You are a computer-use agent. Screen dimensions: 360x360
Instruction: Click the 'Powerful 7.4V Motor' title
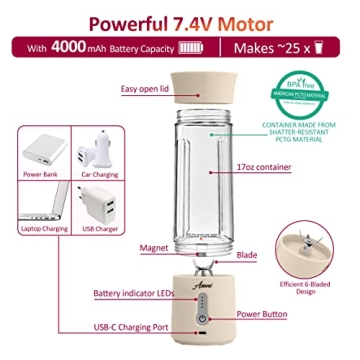pos(181,21)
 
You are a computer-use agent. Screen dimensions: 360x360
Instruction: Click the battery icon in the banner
pos(189,48)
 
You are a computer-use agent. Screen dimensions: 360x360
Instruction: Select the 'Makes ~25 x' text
pos(265,48)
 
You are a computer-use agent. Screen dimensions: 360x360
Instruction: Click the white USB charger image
pos(98,205)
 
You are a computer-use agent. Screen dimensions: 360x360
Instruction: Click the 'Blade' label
pos(247,256)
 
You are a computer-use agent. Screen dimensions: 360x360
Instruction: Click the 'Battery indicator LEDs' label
pos(133,294)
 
